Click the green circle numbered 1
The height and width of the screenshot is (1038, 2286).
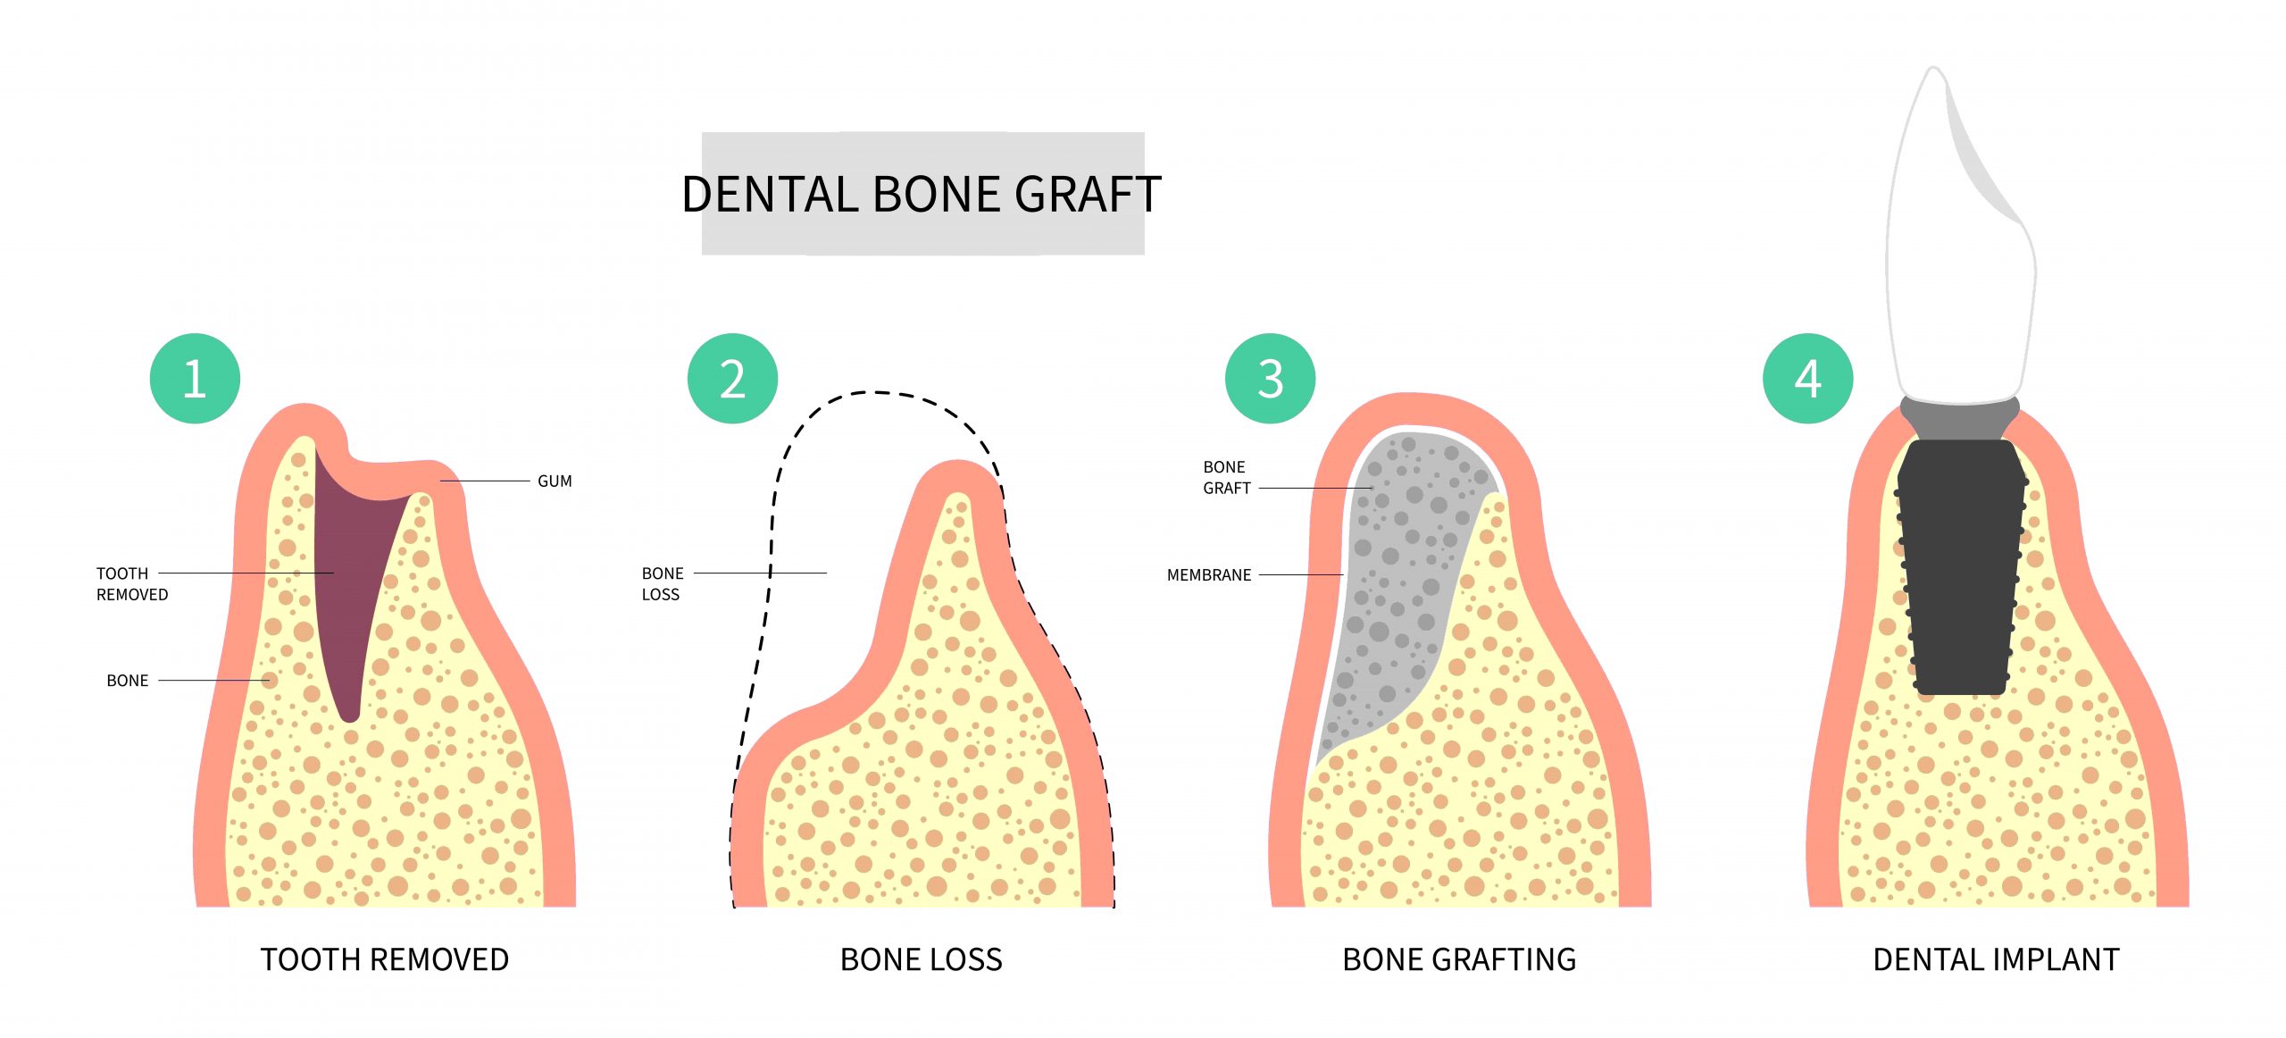coord(195,379)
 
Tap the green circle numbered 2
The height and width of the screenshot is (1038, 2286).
coord(732,379)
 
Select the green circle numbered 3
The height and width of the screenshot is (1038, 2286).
coord(1270,379)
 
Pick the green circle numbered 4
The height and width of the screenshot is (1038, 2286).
coord(1807,379)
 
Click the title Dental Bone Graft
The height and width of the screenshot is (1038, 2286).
coord(922,195)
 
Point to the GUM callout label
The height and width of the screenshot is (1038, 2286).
coord(555,481)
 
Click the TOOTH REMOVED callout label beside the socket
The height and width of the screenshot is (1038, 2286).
coord(132,584)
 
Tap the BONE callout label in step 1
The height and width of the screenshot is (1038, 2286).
coord(128,681)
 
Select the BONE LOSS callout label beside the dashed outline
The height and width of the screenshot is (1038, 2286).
coord(663,584)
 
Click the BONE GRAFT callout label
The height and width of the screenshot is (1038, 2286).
coord(1227,478)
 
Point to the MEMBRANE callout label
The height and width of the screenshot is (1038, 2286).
coord(1209,575)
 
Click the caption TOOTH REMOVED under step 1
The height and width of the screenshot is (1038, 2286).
coord(385,960)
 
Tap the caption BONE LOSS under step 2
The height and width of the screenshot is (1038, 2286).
coord(922,960)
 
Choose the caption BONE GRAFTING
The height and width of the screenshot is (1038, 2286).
coord(1459,960)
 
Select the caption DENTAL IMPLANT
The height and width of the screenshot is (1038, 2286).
coord(1997,960)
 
